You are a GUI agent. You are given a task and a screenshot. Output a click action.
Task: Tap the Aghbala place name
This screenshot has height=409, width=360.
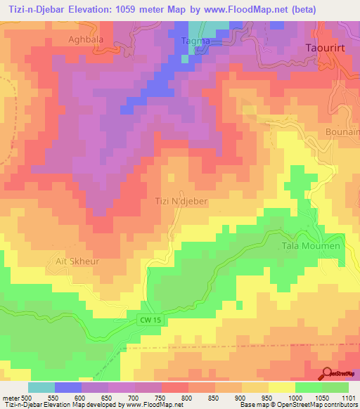point(86,39)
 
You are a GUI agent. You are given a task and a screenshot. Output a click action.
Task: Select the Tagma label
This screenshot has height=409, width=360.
point(196,41)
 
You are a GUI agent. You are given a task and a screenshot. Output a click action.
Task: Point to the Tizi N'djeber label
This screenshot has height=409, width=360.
point(181,201)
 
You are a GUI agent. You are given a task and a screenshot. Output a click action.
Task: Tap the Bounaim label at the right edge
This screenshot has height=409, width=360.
point(344,131)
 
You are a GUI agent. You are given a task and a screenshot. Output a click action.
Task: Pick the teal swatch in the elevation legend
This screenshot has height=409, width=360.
point(41,387)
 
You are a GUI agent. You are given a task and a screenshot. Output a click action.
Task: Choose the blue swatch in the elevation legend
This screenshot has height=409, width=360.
point(67,387)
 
